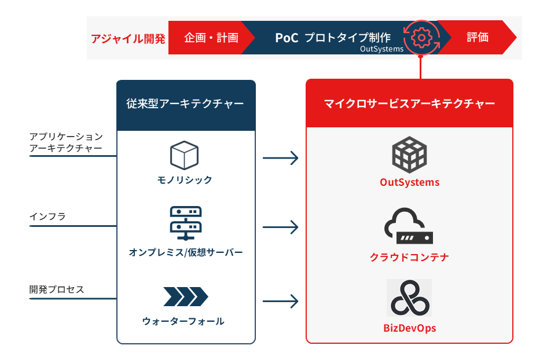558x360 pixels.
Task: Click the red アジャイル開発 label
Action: (x=128, y=38)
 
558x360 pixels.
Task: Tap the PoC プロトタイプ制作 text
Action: (x=332, y=38)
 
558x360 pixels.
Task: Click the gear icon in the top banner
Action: (x=421, y=37)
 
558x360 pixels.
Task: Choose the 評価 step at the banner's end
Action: (x=478, y=38)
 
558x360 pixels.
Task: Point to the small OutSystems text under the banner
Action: (x=381, y=49)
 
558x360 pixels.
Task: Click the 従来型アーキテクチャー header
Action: (x=185, y=104)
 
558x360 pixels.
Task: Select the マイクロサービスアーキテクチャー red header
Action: (x=409, y=104)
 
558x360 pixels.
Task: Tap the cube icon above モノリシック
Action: (x=184, y=155)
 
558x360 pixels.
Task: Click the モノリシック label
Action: (x=185, y=180)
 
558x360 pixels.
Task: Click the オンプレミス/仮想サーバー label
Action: (x=185, y=252)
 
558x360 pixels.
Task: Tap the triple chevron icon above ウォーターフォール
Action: (x=185, y=296)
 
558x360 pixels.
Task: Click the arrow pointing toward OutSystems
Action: (x=281, y=157)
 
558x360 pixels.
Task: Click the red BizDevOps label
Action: (x=409, y=328)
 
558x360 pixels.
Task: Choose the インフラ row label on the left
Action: (x=47, y=216)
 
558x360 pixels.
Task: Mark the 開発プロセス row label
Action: (x=57, y=289)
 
